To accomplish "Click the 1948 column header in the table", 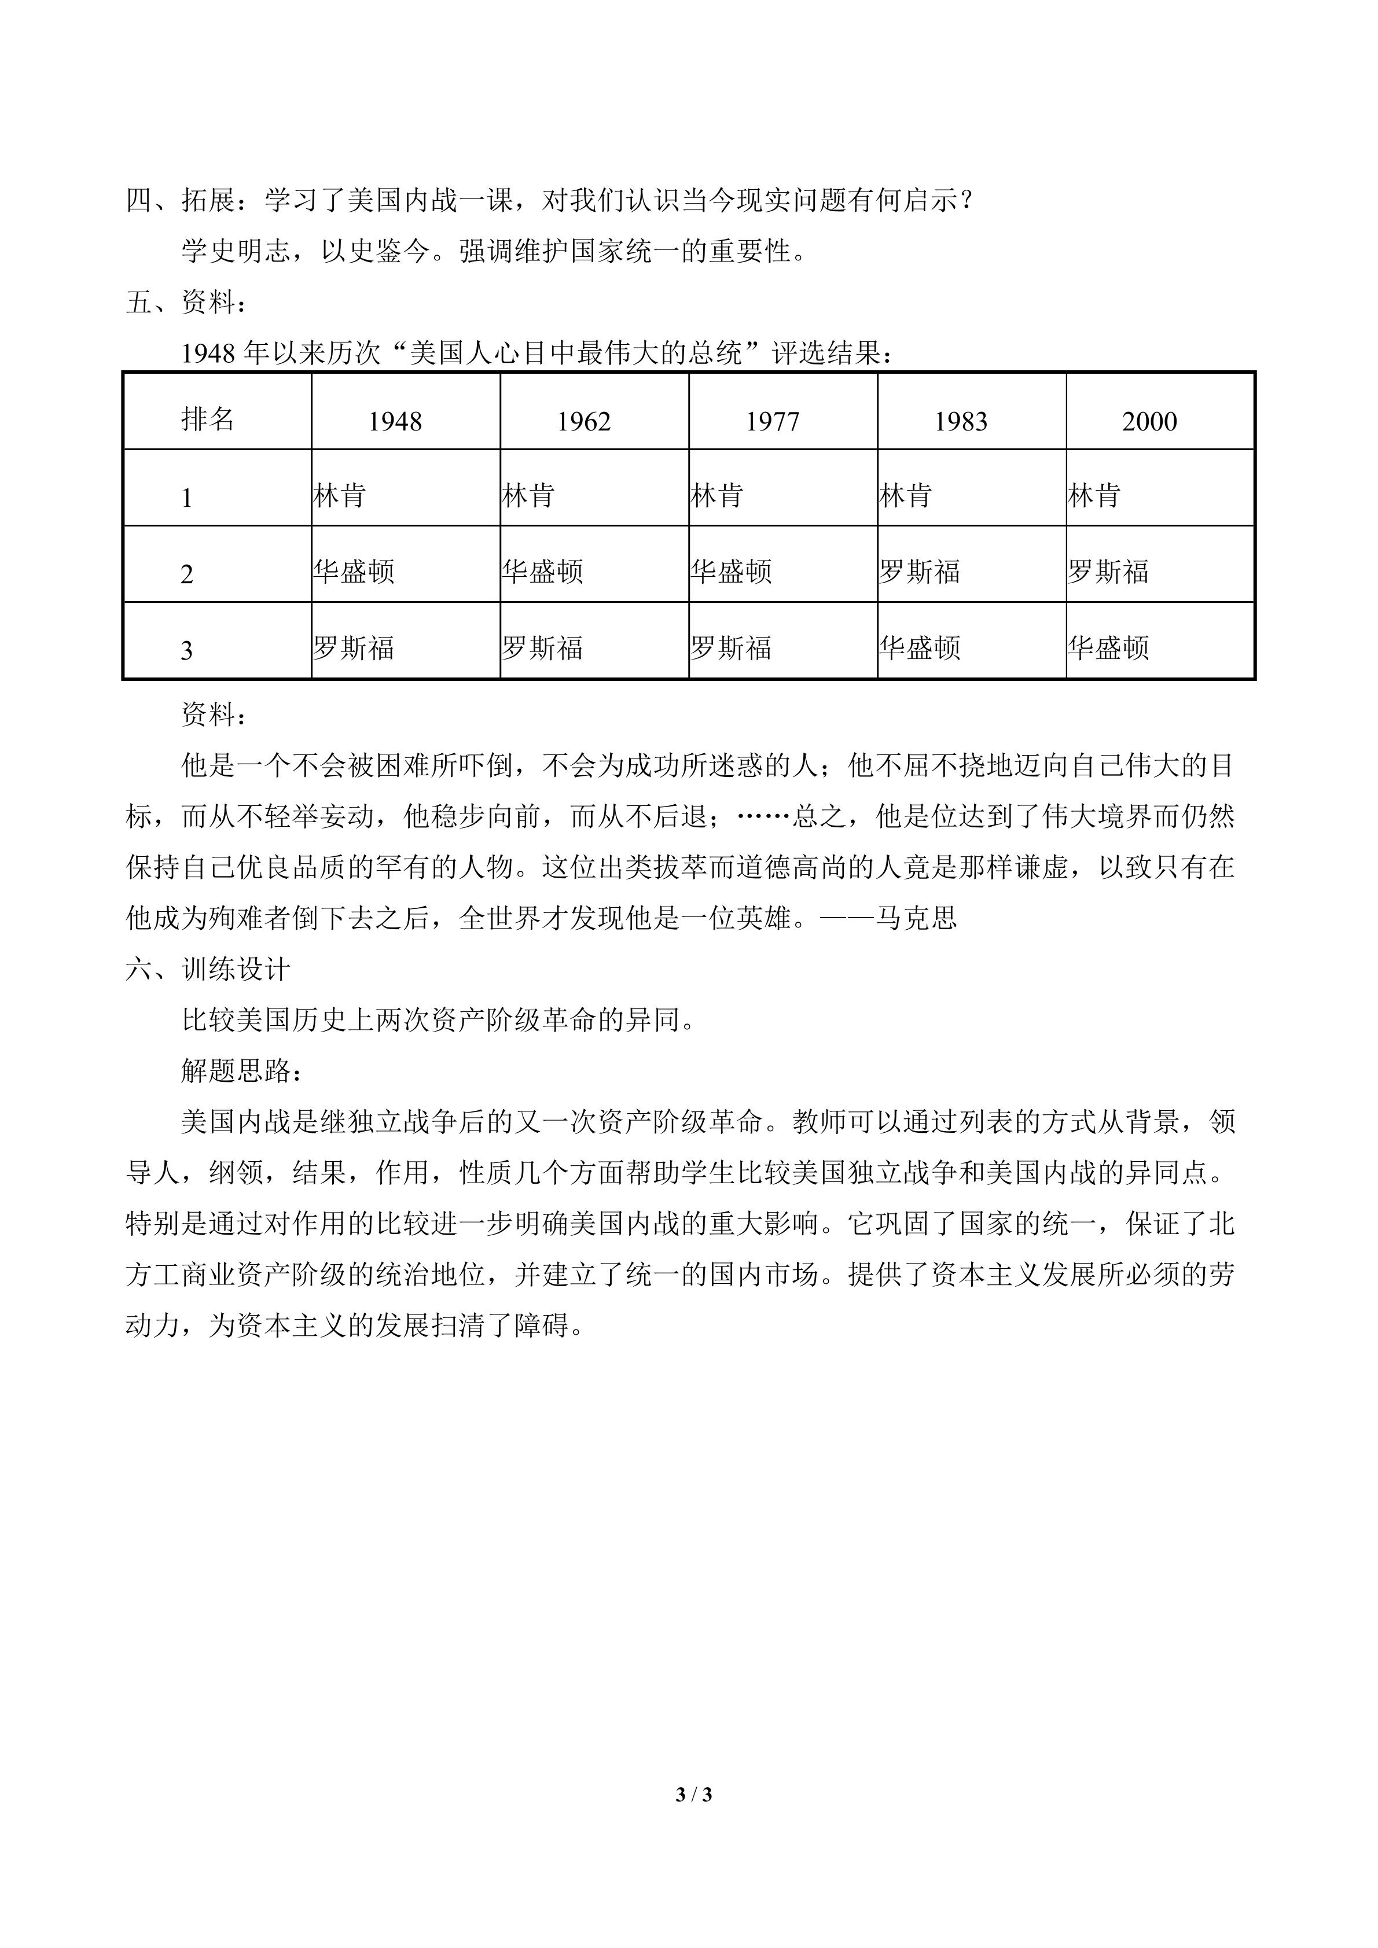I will point(395,422).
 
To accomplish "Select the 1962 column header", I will point(584,422).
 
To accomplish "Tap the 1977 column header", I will point(772,422).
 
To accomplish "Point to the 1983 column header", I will point(961,422).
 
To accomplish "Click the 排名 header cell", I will point(207,418).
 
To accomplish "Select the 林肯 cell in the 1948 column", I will point(339,495).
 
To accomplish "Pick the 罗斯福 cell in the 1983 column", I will point(920,572).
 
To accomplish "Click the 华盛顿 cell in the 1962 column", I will point(542,572).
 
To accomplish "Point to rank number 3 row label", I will point(187,651).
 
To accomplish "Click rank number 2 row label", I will point(187,575).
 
